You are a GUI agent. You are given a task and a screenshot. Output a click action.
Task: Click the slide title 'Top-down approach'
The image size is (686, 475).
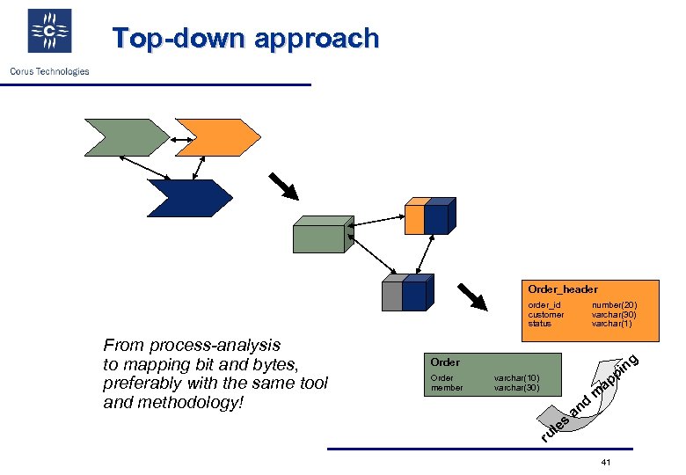pyautogui.click(x=245, y=39)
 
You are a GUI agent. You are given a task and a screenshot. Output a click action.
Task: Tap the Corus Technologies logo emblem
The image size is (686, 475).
pyautogui.click(x=50, y=32)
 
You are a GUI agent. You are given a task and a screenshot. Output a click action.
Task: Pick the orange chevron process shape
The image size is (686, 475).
pyautogui.click(x=215, y=137)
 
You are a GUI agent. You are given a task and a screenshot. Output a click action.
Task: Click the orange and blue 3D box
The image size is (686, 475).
pyautogui.click(x=428, y=216)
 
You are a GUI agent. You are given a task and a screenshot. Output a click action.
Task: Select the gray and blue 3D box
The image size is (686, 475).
pyautogui.click(x=406, y=293)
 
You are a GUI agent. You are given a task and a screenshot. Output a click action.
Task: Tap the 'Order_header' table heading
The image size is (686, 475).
pyautogui.click(x=563, y=289)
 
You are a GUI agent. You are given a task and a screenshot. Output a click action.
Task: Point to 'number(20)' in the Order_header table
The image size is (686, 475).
pyautogui.click(x=614, y=305)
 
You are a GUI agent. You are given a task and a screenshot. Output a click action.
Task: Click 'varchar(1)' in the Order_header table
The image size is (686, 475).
pyautogui.click(x=612, y=324)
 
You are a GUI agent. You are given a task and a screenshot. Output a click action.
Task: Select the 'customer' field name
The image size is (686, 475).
pyautogui.click(x=546, y=315)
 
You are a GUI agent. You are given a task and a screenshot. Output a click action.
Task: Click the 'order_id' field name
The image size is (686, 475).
pyautogui.click(x=544, y=305)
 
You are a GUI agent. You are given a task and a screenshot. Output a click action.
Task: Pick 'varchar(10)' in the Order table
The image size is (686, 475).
pyautogui.click(x=517, y=378)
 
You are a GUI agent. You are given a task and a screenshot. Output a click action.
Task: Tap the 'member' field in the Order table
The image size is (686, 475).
pyautogui.click(x=447, y=388)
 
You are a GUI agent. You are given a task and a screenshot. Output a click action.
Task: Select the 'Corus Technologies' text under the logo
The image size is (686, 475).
pyautogui.click(x=49, y=71)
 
